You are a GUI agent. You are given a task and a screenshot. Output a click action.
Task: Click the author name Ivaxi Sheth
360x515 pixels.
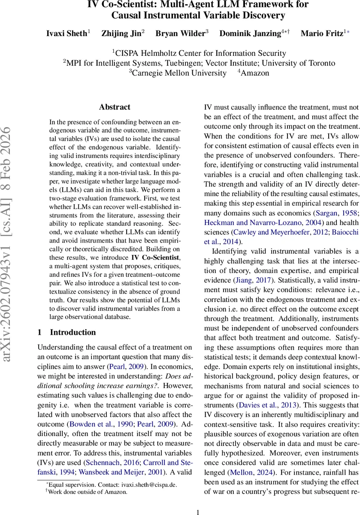67,33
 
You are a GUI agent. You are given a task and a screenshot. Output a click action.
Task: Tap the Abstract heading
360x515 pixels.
115,107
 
